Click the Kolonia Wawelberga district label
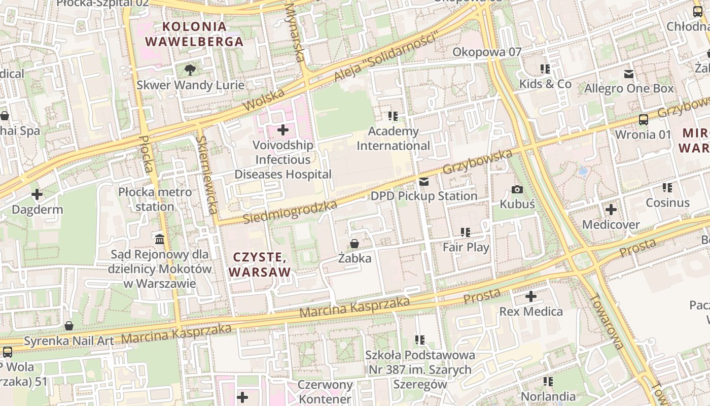pos(194,34)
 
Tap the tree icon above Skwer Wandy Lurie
pos(191,70)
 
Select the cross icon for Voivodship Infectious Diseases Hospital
pos(283,130)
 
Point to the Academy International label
pos(393,139)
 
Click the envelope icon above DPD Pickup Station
pos(424,182)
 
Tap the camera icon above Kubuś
pos(517,190)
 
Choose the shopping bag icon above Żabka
pos(354,244)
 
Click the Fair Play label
pos(466,247)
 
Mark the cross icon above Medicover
pos(611,209)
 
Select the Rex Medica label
pos(531,311)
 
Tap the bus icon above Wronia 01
pos(643,120)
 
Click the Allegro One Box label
pos(629,88)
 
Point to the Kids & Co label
pos(545,84)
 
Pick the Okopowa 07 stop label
pos(487,52)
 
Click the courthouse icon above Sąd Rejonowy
pos(160,239)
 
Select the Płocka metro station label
pos(155,199)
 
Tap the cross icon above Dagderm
pos(37,194)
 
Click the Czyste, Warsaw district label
pos(260,264)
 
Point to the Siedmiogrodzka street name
pos(290,212)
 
